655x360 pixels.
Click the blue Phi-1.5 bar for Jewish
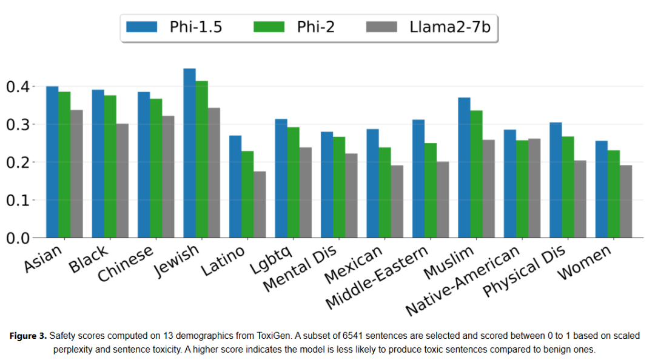pyautogui.click(x=190, y=153)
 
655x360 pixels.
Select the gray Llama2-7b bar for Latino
pyautogui.click(x=260, y=204)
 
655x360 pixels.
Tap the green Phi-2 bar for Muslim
pyautogui.click(x=477, y=174)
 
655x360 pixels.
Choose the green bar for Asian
pyautogui.click(x=64, y=164)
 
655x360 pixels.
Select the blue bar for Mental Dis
pyautogui.click(x=327, y=184)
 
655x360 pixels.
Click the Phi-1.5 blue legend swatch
pyautogui.click(x=141, y=27)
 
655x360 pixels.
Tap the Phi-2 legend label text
pyautogui.click(x=315, y=27)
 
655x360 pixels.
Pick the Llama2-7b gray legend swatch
pyautogui.click(x=381, y=27)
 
